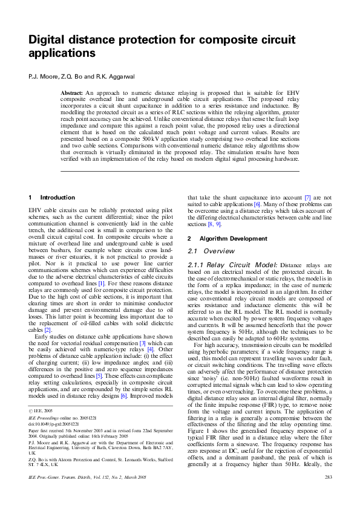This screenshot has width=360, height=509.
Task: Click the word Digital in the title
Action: [49, 41]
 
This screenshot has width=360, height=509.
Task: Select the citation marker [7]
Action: [307, 198]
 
